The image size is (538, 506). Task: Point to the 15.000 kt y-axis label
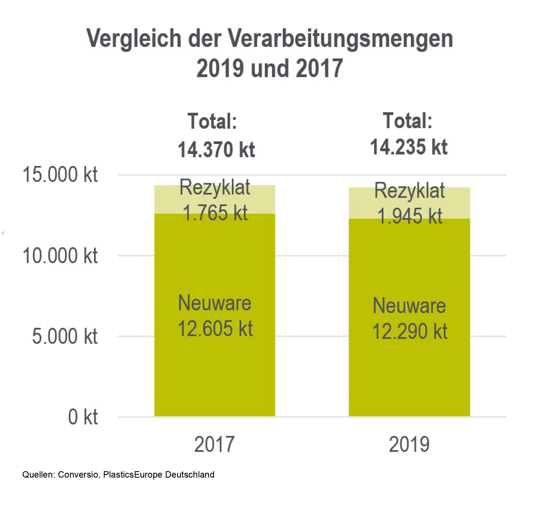tap(60, 175)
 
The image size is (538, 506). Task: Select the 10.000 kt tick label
tap(60, 256)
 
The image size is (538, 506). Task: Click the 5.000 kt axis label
tap(65, 337)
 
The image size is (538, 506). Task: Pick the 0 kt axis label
tap(83, 417)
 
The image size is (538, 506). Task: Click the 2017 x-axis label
tap(214, 445)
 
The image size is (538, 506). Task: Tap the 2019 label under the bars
tap(409, 445)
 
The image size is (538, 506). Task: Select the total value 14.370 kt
tap(216, 150)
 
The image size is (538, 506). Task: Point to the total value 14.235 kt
tap(409, 147)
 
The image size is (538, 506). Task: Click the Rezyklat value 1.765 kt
tap(215, 213)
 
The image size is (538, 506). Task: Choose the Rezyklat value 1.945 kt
tap(410, 216)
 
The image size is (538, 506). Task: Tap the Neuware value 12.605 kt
tap(215, 328)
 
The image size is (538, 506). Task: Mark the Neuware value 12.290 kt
tap(410, 331)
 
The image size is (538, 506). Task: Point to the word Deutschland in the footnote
tap(190, 475)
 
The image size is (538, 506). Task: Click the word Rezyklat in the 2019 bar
tap(409, 191)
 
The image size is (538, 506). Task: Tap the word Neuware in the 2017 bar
tap(215, 303)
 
